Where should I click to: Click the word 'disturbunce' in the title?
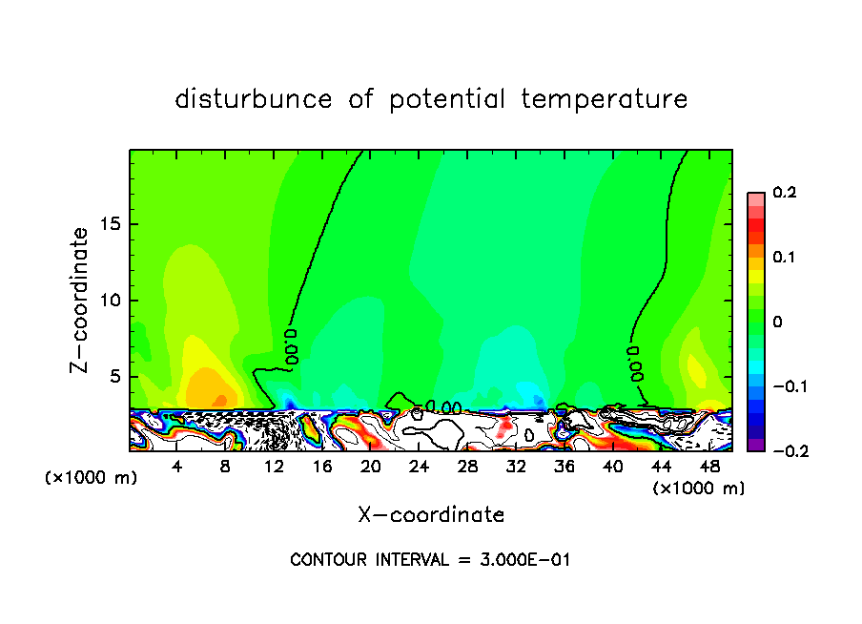(x=254, y=99)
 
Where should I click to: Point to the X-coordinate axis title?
(x=431, y=515)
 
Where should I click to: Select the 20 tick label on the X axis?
(x=371, y=466)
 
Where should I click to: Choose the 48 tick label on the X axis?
(x=709, y=466)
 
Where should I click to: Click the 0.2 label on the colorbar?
(x=784, y=193)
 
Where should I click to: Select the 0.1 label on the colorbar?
(x=784, y=258)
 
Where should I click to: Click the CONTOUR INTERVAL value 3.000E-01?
(x=523, y=560)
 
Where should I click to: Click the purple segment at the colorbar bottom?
(x=755, y=445)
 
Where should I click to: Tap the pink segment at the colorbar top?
(x=755, y=198)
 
